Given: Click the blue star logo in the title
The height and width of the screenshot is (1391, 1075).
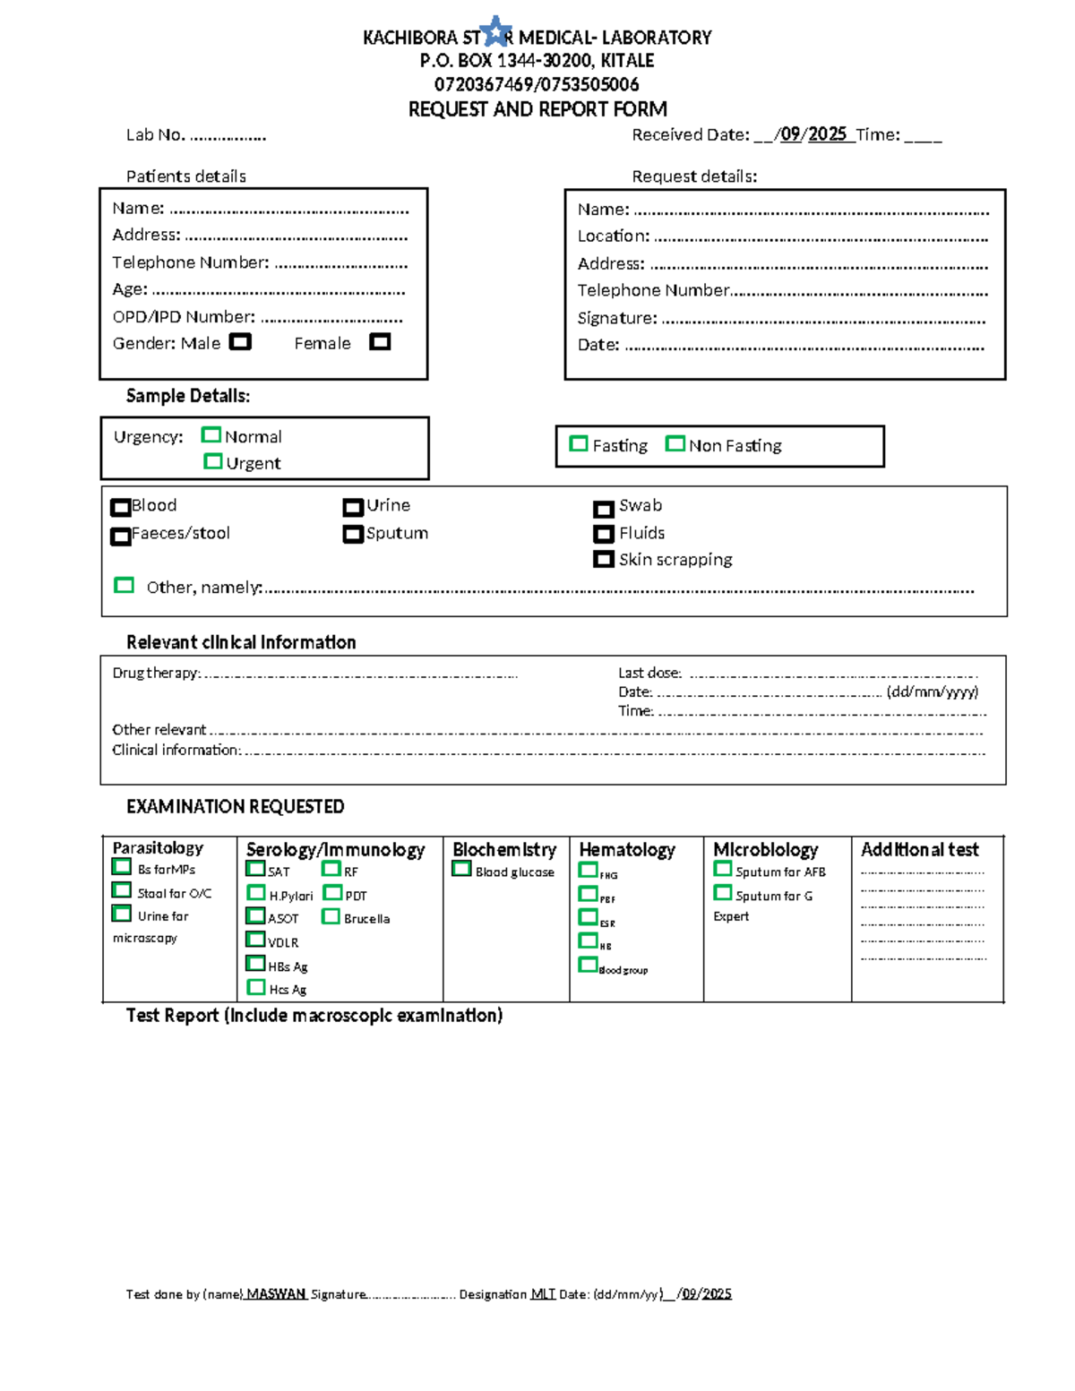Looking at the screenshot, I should [x=496, y=32].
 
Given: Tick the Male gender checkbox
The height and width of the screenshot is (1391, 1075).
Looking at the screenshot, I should [x=240, y=342].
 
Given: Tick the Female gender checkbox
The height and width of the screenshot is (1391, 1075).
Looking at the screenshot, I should [x=380, y=342].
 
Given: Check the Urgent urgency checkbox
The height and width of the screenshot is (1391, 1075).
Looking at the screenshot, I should [x=212, y=461].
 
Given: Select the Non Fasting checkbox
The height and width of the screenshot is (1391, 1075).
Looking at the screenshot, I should [x=675, y=444].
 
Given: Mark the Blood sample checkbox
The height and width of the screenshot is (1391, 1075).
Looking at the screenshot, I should [x=120, y=507].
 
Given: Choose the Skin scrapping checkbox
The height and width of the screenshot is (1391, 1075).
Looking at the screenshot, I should [x=603, y=560].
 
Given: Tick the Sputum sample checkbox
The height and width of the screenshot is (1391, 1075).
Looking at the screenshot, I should [x=352, y=535].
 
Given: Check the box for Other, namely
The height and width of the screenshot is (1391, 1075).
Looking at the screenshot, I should [x=124, y=586].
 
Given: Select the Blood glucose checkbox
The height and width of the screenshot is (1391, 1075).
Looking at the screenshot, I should [x=461, y=869].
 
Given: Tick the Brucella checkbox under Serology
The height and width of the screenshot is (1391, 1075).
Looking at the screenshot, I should [x=331, y=916].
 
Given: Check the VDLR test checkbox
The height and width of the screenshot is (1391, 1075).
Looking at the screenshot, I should [x=255, y=940].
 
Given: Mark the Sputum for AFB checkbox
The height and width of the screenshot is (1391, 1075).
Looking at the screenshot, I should [x=722, y=869].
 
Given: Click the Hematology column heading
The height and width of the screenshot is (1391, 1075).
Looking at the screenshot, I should [x=627, y=849].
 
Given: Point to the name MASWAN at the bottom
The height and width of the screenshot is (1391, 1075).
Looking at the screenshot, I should [x=276, y=1293].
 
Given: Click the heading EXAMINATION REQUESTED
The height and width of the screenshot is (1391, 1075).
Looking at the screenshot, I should [x=235, y=806].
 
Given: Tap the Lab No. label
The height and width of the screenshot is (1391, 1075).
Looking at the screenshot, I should [x=155, y=135].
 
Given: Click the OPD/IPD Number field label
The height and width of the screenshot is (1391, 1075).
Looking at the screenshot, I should [x=184, y=317].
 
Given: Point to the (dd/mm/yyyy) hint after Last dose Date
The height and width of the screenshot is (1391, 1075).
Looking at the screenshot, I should [x=932, y=691].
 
